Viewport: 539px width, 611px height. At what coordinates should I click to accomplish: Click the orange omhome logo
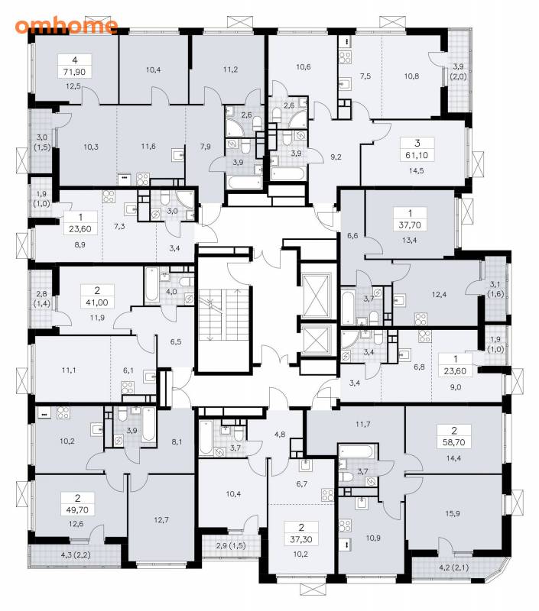tap(67, 25)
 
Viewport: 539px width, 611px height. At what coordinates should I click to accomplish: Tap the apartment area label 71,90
tap(74, 72)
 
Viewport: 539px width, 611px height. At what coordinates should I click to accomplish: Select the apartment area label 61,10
tap(417, 155)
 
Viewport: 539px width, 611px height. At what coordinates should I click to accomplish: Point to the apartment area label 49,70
tap(78, 509)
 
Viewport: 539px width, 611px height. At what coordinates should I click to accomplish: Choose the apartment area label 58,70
tap(454, 442)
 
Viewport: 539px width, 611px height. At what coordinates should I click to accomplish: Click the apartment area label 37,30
tap(301, 539)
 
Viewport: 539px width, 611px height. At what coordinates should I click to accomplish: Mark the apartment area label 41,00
tap(97, 302)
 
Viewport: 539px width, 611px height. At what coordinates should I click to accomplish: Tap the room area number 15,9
tap(453, 513)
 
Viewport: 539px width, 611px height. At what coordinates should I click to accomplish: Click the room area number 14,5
tap(416, 170)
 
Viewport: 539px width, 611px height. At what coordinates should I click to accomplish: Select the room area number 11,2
tap(230, 70)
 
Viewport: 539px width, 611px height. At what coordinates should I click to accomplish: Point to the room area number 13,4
tap(410, 241)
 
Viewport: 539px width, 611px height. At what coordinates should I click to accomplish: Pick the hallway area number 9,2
tap(336, 157)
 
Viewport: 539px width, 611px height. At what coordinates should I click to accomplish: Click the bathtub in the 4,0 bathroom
tap(151, 285)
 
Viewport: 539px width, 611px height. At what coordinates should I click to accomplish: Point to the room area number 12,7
tap(161, 520)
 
